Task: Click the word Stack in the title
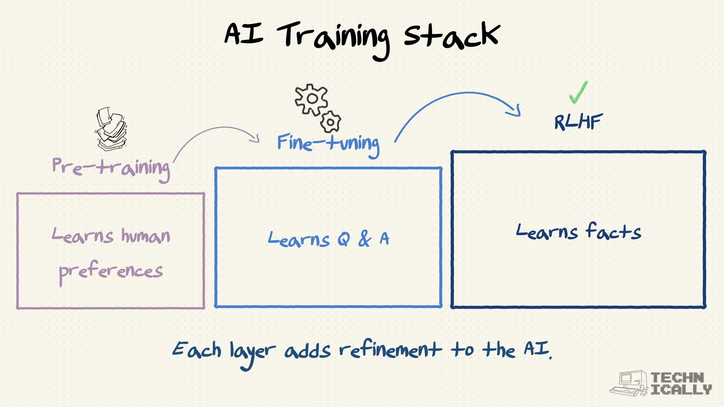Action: click(451, 35)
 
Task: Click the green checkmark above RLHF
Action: click(578, 92)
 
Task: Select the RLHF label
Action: click(578, 122)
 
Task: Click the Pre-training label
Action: click(111, 167)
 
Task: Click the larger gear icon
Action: click(311, 99)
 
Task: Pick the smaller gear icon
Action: click(331, 122)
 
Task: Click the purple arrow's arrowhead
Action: click(256, 138)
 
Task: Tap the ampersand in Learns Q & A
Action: click(365, 239)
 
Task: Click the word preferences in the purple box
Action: click(111, 271)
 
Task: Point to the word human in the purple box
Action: click(146, 236)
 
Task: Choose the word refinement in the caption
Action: click(390, 350)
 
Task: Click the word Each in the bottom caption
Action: click(196, 349)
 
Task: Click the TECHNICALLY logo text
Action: click(681, 384)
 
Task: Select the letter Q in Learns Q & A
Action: click(343, 239)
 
